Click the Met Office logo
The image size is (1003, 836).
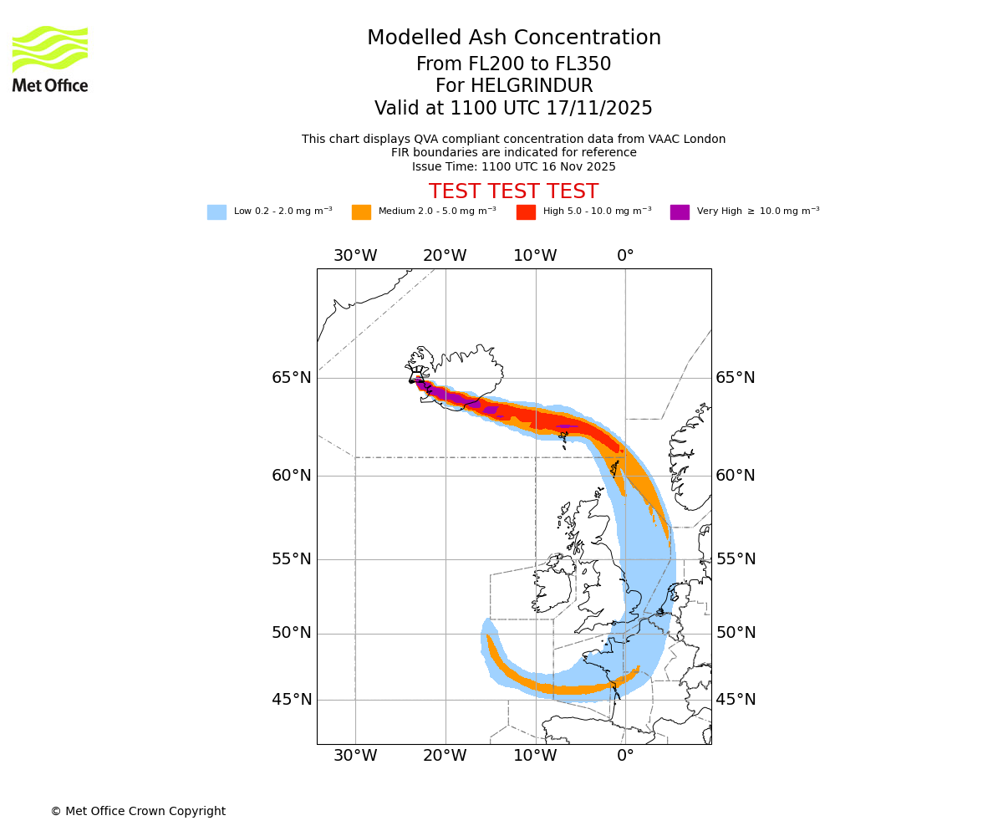click(x=50, y=59)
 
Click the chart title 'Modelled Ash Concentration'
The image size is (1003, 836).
click(x=513, y=38)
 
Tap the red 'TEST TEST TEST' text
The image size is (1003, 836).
click(x=513, y=191)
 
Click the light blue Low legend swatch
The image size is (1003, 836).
click(x=216, y=212)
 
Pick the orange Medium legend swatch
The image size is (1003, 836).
click(x=361, y=212)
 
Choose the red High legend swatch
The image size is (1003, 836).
click(x=526, y=212)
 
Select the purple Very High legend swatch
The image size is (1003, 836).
click(x=680, y=212)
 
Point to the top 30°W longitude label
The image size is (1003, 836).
click(x=355, y=256)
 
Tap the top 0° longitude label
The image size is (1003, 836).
click(x=625, y=256)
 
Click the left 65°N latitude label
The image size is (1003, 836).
click(x=292, y=378)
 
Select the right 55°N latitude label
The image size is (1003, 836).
click(x=736, y=559)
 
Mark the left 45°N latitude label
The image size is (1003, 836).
click(x=292, y=700)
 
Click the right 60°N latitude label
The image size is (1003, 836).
click(x=736, y=476)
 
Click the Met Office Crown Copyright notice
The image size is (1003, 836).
click(x=138, y=811)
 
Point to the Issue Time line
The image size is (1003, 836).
click(x=513, y=166)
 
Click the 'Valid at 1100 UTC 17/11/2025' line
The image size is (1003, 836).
click(x=513, y=109)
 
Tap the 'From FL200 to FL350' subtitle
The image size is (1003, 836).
click(x=513, y=64)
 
